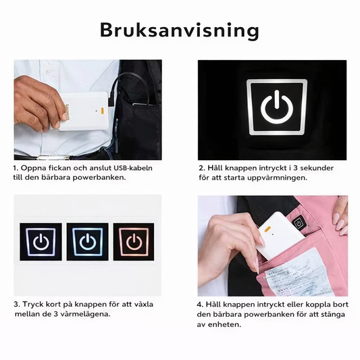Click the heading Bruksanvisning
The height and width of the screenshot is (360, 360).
[x=180, y=30]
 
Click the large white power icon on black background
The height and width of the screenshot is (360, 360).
[x=276, y=109]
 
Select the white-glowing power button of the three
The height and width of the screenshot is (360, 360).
[x=41, y=242]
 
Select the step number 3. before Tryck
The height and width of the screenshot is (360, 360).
[x=17, y=304]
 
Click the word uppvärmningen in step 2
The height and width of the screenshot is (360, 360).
[x=275, y=178]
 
